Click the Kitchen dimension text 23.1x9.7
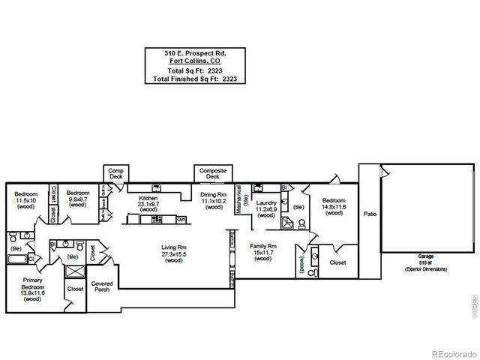(146, 203)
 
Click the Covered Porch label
(101, 286)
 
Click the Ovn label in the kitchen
(181, 219)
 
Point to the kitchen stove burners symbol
(157, 219)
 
